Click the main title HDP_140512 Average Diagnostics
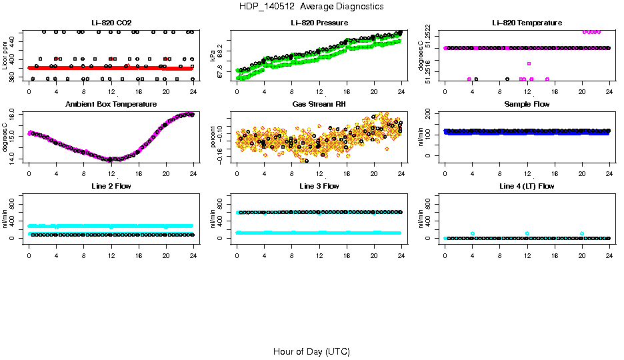pos(313,7)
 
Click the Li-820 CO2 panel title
pos(111,23)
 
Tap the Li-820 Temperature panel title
pos(527,23)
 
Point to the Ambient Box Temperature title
pos(111,105)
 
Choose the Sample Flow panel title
pos(527,105)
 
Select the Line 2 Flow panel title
pos(111,186)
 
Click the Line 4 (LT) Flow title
pos(527,186)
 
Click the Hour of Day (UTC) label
pos(311,351)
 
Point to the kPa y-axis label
pos(213,55)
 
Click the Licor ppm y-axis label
pos(5,55)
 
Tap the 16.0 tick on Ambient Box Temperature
pos(17,115)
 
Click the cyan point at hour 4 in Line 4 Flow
pos(473,233)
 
